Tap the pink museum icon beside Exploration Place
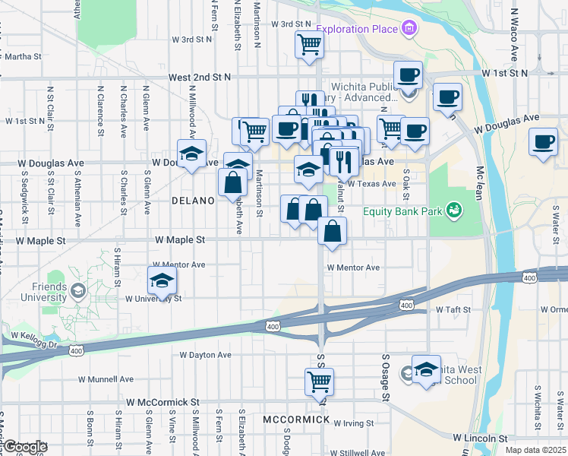pyautogui.click(x=410, y=29)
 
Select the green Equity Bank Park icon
pyautogui.click(x=454, y=208)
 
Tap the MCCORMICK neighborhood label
pyautogui.click(x=296, y=420)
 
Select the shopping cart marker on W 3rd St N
pyautogui.click(x=309, y=44)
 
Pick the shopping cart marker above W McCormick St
pyautogui.click(x=319, y=381)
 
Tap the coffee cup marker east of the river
pyautogui.click(x=544, y=142)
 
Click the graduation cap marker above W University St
pyautogui.click(x=162, y=280)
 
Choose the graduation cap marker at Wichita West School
pyautogui.click(x=426, y=369)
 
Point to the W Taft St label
pyautogui.click(x=454, y=310)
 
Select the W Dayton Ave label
pyautogui.click(x=205, y=355)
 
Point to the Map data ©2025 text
pyautogui.click(x=535, y=450)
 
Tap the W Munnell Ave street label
pyautogui.click(x=106, y=378)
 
